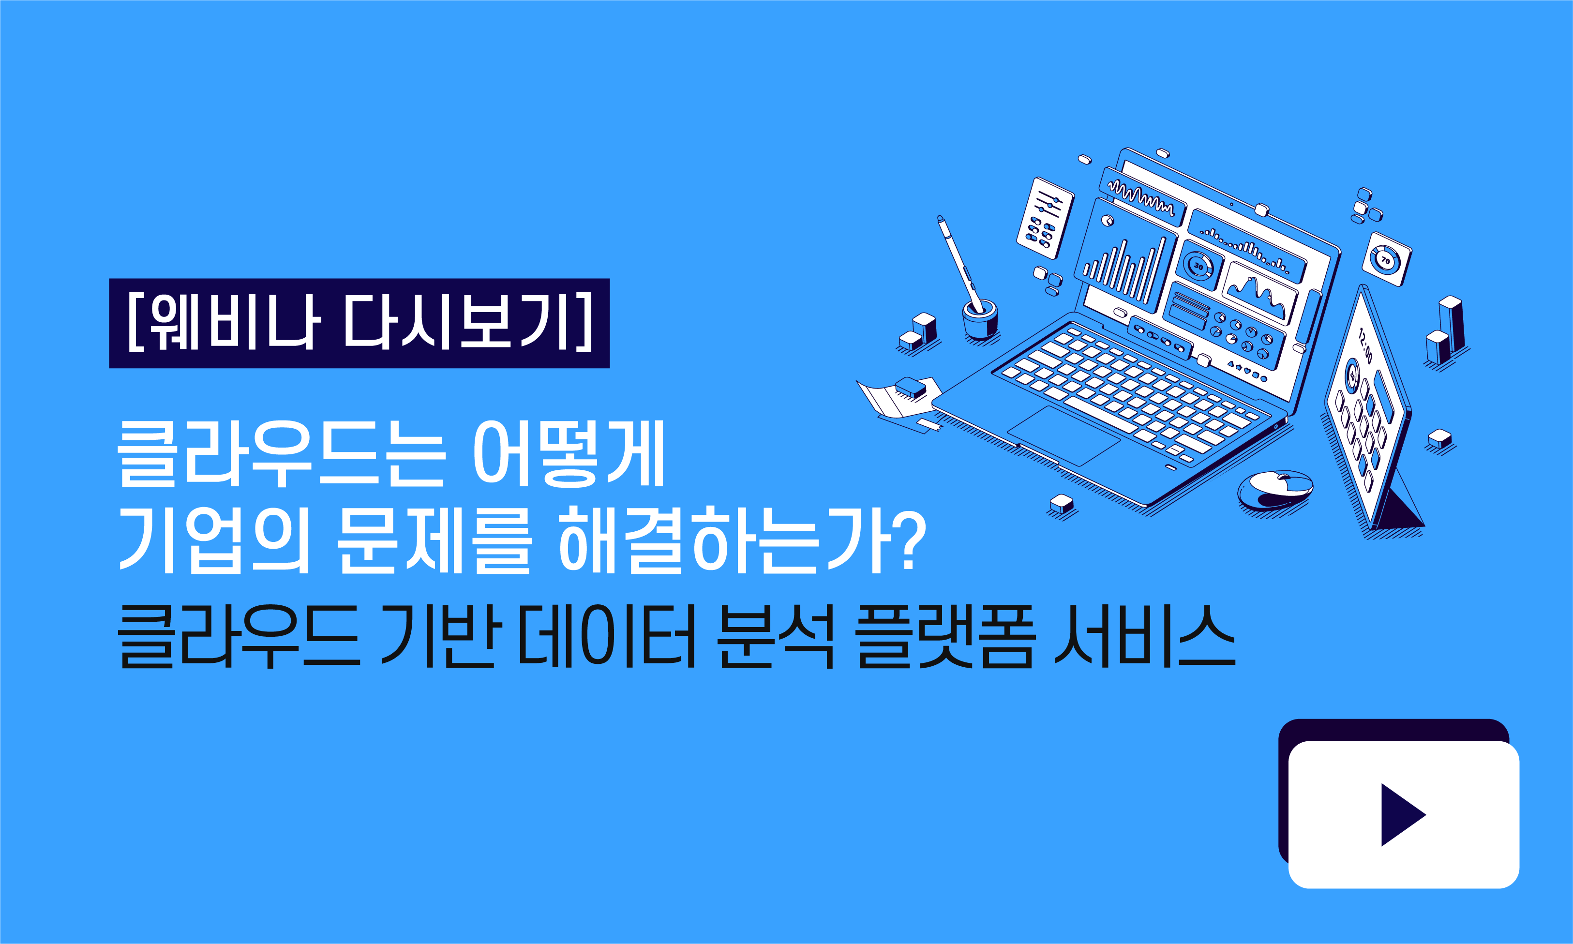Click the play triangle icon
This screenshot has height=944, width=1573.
(x=1401, y=815)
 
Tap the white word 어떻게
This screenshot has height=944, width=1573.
(x=569, y=453)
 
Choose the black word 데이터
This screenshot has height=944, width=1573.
(x=607, y=636)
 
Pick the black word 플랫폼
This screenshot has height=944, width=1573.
(x=944, y=636)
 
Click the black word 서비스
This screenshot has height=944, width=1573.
(x=1144, y=636)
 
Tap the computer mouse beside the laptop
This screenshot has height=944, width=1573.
(x=1274, y=490)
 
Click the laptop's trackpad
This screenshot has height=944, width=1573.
(x=1064, y=436)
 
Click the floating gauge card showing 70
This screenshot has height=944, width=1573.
(x=1386, y=259)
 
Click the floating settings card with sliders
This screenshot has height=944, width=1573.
(x=1045, y=218)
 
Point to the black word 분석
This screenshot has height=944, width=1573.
(x=775, y=636)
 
